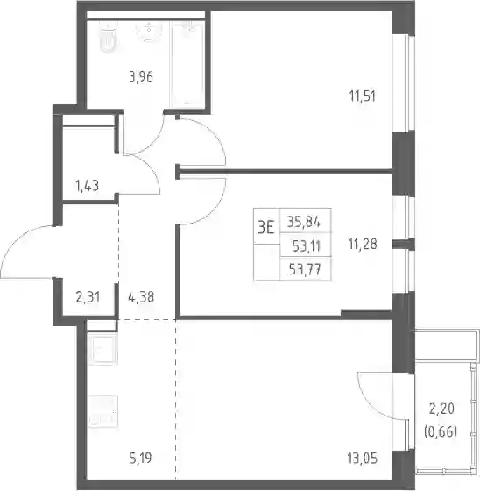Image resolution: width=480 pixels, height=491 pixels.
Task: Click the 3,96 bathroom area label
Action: point(141,77)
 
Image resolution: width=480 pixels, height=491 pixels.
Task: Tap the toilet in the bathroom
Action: point(108,37)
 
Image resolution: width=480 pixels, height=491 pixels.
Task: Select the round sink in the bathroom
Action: point(149,32)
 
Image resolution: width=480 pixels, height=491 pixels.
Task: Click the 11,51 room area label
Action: point(363,96)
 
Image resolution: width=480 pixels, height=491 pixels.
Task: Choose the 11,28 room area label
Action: point(363,244)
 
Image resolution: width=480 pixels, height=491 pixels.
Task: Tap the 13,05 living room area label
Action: point(363,458)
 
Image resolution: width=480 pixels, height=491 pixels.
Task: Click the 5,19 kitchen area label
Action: point(140,458)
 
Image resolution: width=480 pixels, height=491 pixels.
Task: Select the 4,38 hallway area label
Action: point(141,297)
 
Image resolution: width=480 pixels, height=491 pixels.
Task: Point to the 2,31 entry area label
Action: point(88,297)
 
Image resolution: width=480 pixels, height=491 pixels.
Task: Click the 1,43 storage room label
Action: point(88,186)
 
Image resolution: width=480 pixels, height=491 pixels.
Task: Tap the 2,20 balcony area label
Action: point(441,409)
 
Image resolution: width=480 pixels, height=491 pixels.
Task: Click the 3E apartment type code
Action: point(266,227)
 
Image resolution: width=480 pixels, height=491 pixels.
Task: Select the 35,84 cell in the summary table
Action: point(304,223)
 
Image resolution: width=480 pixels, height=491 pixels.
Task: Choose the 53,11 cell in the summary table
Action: point(307,246)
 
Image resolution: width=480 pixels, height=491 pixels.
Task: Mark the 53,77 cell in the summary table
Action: point(305,269)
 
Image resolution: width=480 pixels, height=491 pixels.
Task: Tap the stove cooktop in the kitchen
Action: point(102,411)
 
